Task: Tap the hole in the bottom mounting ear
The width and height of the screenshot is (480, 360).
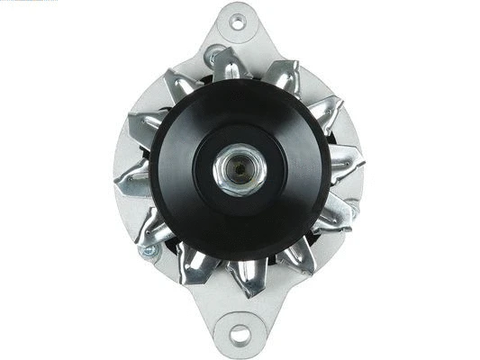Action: tap(240, 335)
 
